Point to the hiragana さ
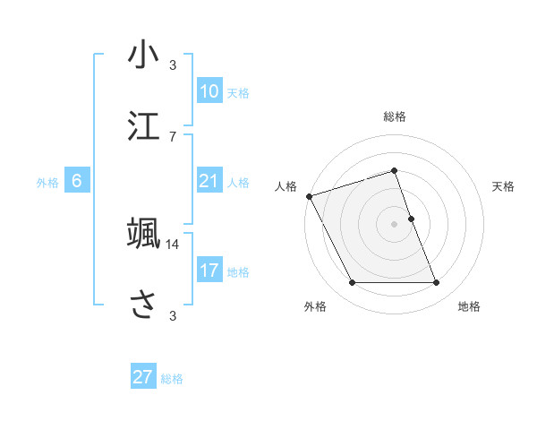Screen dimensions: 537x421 click(x=143, y=304)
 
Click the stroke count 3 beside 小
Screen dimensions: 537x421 click(x=173, y=64)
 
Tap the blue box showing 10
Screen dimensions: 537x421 click(x=209, y=91)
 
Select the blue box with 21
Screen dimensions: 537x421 click(x=209, y=181)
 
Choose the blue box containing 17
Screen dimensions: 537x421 click(x=209, y=271)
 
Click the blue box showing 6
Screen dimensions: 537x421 click(x=77, y=181)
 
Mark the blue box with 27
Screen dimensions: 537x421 click(x=143, y=377)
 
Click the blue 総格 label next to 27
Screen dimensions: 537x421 click(x=173, y=379)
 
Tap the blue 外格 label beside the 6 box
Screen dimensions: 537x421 click(x=47, y=183)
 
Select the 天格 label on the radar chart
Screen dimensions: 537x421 click(x=504, y=186)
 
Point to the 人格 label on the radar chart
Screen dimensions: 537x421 click(x=286, y=186)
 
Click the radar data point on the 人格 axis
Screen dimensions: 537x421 click(x=309, y=196)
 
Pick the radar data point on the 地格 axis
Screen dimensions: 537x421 click(x=436, y=283)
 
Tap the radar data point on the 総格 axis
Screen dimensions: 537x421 click(x=395, y=171)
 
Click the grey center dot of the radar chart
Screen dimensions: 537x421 click(x=395, y=224)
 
